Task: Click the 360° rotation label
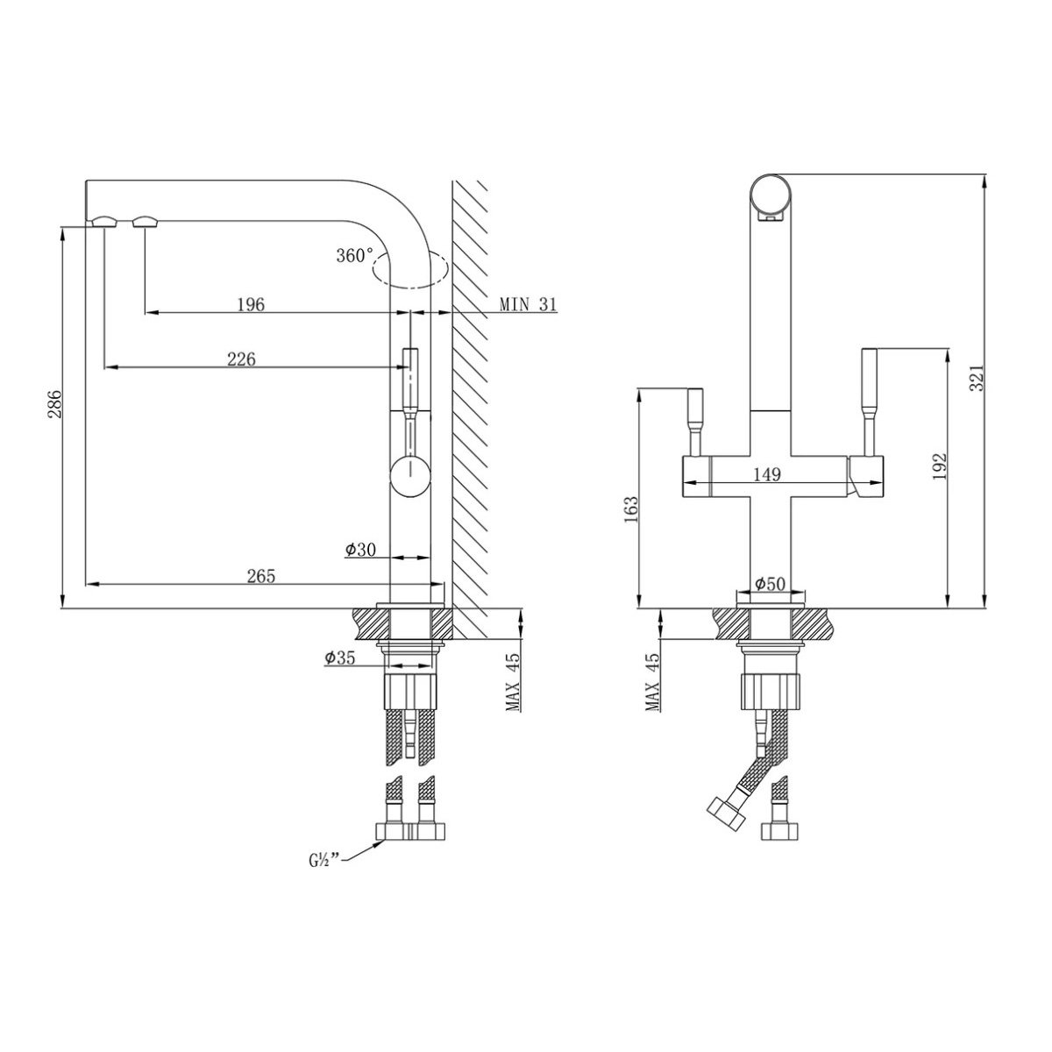(354, 255)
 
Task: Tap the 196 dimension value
(251, 304)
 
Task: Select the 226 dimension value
(241, 359)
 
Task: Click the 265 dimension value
(261, 575)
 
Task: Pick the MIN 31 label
(528, 304)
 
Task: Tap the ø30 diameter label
(360, 549)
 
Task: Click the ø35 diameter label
(339, 657)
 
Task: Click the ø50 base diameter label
(770, 584)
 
